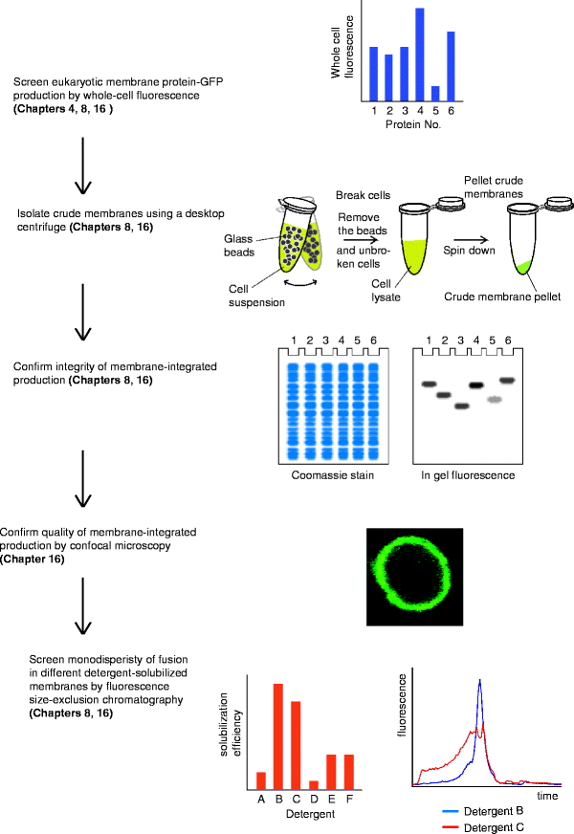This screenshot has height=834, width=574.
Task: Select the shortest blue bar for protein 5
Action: [x=435, y=94]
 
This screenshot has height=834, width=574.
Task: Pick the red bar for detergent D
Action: [x=313, y=783]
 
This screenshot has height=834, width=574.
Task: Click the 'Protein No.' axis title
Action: [x=412, y=125]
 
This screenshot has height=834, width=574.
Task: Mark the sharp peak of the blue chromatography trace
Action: [x=479, y=682]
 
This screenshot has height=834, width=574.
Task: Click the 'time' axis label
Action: [x=546, y=795]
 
